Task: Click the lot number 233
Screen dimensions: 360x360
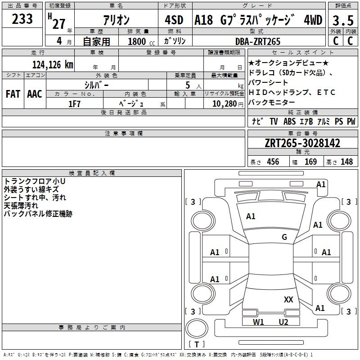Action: (22, 19)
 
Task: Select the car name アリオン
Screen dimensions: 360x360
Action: (116, 20)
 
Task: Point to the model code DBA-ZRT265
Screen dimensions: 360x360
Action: (258, 41)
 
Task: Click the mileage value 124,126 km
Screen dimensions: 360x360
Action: (53, 65)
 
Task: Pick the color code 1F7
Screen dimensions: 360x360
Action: (74, 103)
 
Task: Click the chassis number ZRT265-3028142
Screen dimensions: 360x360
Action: (302, 144)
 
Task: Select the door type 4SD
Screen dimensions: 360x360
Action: (174, 20)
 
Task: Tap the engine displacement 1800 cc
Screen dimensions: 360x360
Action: (137, 41)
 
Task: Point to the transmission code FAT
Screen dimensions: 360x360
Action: (13, 94)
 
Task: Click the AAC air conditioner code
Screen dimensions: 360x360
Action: (34, 94)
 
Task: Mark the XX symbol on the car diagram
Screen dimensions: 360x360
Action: (288, 299)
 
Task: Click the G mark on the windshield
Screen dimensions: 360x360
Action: (284, 237)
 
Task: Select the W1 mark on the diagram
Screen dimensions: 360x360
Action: (258, 322)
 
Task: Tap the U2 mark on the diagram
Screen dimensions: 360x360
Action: (283, 322)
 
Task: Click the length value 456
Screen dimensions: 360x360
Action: (273, 162)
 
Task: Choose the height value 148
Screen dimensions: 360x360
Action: (346, 162)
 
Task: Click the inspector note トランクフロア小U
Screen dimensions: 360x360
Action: (35, 181)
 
